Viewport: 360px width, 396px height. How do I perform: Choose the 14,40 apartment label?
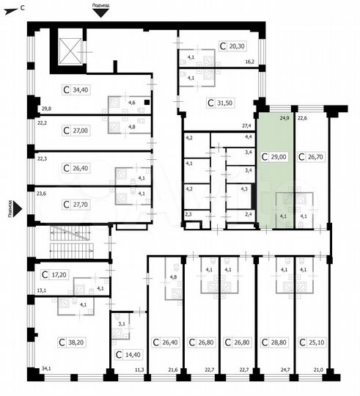[128, 355]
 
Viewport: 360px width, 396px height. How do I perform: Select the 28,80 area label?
[274, 342]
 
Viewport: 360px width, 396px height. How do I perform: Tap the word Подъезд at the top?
[102, 4]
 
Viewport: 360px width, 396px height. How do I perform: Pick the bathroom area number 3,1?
[122, 323]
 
